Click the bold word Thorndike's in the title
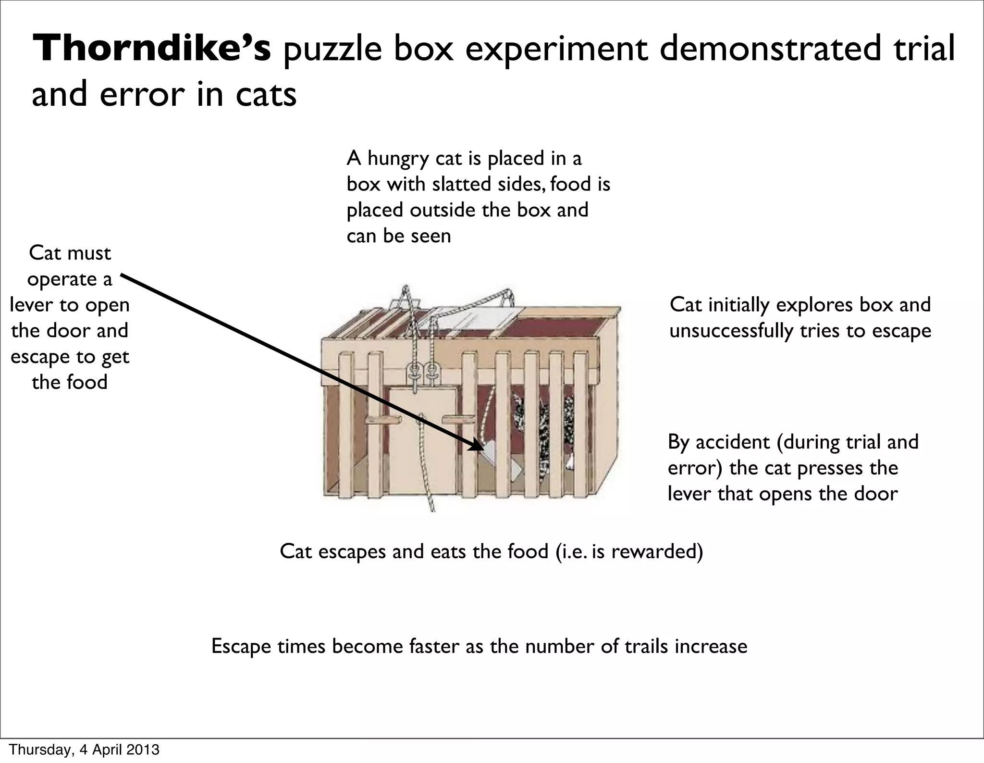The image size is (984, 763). pos(152,49)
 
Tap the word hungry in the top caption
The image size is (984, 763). pos(398,159)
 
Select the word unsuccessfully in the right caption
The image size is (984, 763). pos(730,331)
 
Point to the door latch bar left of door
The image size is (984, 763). pos(383,420)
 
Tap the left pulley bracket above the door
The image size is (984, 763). pos(413,373)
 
